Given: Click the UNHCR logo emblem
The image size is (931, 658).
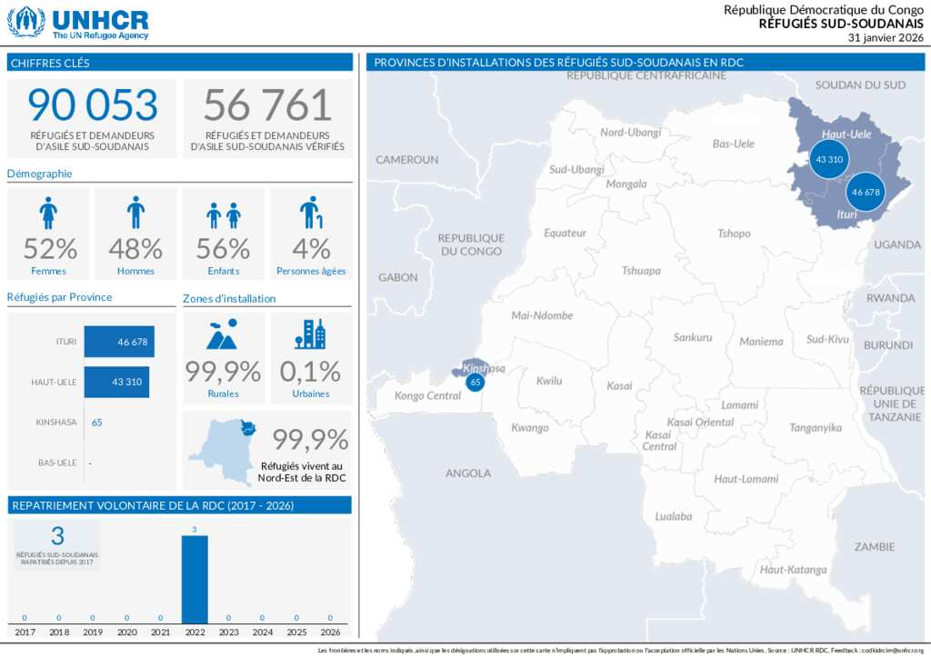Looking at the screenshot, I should click(25, 22).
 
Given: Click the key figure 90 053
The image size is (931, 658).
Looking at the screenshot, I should click(92, 105).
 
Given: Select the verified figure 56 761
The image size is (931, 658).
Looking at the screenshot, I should click(267, 105).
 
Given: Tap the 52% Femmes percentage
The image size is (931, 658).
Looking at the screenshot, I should click(50, 248).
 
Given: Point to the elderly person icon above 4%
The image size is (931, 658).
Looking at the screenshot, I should click(311, 213).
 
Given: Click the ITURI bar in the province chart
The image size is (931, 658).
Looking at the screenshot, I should click(119, 342).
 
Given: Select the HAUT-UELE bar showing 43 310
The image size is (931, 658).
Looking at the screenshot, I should click(116, 382).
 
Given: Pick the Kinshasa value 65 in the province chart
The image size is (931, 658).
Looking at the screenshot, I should click(97, 422).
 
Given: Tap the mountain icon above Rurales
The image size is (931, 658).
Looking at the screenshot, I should click(223, 334).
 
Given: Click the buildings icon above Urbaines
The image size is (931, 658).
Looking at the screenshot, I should click(310, 334).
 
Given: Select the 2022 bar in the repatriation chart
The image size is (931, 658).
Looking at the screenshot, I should click(195, 579).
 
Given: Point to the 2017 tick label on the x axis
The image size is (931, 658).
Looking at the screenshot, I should click(25, 632).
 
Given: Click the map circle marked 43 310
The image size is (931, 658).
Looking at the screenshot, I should click(829, 159).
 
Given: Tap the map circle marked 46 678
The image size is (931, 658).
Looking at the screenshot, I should click(866, 192).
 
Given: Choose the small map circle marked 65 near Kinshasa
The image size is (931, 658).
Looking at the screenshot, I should click(475, 383).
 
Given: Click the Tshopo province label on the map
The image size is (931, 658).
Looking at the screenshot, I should click(734, 234).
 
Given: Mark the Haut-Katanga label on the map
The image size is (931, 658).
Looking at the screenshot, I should click(794, 570).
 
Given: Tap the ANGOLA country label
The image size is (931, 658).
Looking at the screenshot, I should click(468, 473).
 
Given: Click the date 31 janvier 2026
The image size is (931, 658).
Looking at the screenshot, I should click(886, 38).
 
